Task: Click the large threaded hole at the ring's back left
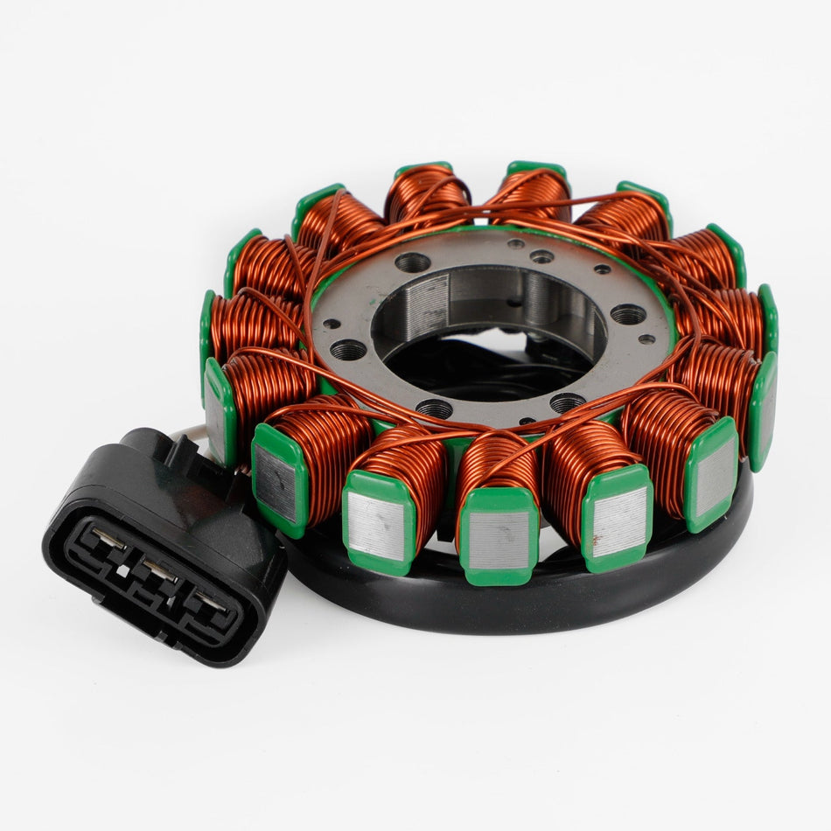(x=413, y=261)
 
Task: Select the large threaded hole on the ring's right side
(x=628, y=313)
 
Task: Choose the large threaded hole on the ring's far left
(x=349, y=350)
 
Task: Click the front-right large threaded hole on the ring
(x=568, y=402)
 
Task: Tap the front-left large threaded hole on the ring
(x=435, y=408)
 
